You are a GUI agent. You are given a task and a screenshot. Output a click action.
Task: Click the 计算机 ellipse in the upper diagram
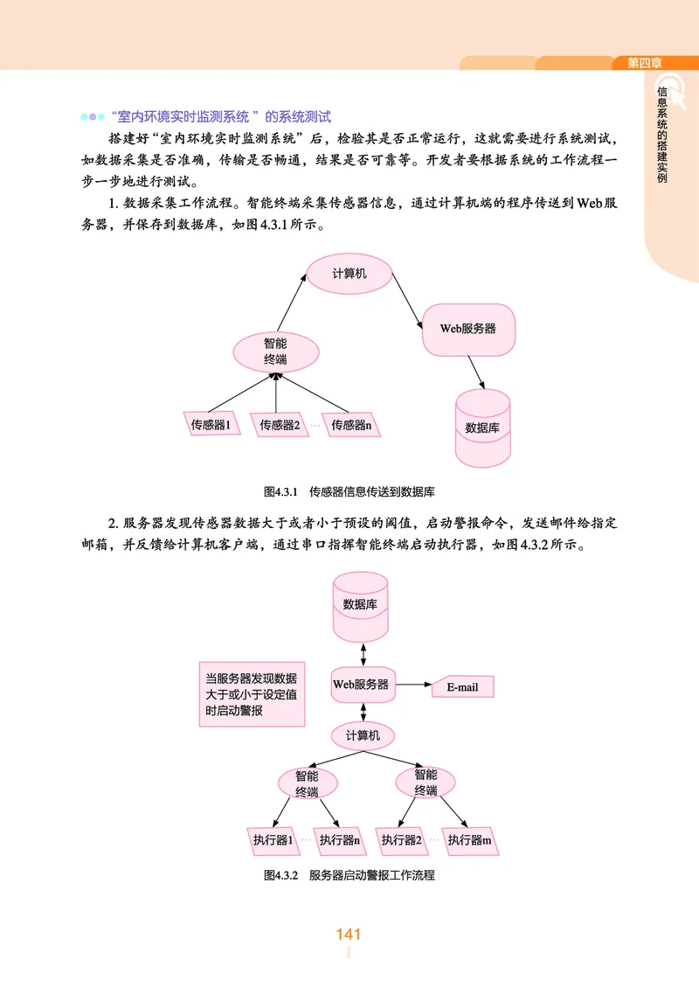tap(349, 274)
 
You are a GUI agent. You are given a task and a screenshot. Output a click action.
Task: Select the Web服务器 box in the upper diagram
tap(468, 329)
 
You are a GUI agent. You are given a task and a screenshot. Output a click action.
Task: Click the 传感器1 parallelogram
tap(210, 425)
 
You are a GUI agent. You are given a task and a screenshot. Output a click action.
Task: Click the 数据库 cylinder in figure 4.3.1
tap(482, 428)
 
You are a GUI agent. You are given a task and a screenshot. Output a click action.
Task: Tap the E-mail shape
tap(463, 686)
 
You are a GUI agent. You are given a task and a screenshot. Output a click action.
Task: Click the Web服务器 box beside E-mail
tap(361, 684)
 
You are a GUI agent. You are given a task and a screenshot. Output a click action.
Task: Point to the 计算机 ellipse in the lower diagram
tap(363, 735)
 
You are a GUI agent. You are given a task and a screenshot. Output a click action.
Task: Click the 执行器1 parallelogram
tap(272, 840)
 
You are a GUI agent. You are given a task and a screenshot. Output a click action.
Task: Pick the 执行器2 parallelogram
tap(402, 840)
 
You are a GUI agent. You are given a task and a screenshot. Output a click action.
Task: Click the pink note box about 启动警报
tap(250, 694)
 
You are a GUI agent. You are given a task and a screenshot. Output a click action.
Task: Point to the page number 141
tap(349, 935)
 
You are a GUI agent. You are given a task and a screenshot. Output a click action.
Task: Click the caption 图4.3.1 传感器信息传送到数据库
tap(349, 491)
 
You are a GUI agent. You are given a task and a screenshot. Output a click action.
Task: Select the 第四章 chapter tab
tap(645, 63)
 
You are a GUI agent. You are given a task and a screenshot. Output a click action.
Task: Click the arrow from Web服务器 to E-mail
tap(412, 685)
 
